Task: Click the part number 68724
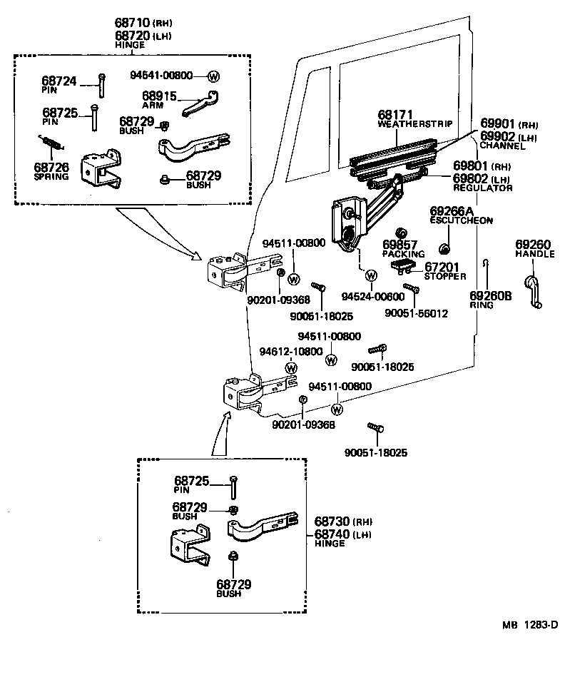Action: pyautogui.click(x=59, y=81)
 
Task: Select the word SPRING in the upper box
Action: pyautogui.click(x=51, y=176)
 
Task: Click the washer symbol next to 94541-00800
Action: pyautogui.click(x=213, y=76)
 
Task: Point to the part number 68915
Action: pyautogui.click(x=158, y=96)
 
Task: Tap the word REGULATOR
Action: pyautogui.click(x=483, y=188)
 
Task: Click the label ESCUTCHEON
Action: pyautogui.click(x=461, y=220)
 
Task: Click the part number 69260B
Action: pyautogui.click(x=491, y=295)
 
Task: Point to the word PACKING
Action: pyautogui.click(x=403, y=254)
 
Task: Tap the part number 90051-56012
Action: pyautogui.click(x=416, y=312)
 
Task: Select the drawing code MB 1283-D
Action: pyautogui.click(x=529, y=624)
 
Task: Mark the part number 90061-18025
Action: pyautogui.click(x=322, y=315)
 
